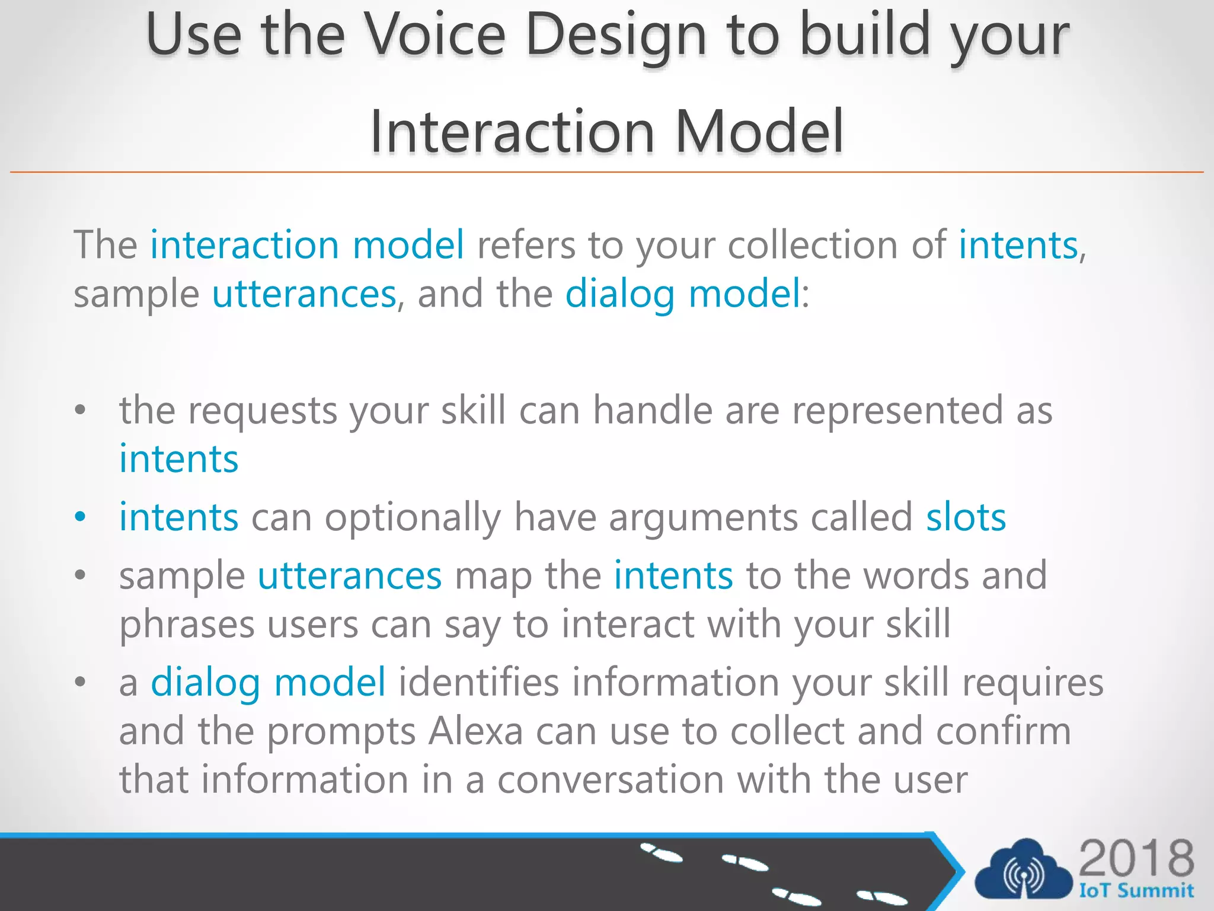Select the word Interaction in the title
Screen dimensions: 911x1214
[x=512, y=132]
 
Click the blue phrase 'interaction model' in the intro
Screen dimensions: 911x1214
[x=307, y=245]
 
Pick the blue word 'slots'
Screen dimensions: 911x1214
[x=966, y=517]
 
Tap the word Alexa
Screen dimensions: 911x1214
[x=475, y=731]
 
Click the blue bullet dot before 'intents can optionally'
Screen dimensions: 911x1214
[x=81, y=517]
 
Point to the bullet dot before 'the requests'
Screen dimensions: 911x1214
[x=81, y=410]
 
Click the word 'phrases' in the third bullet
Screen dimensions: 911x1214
[x=187, y=625]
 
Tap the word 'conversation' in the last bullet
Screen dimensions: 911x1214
[x=611, y=780]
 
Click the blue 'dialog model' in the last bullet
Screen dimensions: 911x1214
[x=268, y=683]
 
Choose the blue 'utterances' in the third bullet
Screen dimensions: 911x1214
[x=350, y=576]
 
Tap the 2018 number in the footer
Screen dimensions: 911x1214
[x=1136, y=858]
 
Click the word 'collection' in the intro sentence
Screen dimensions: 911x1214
[x=813, y=245]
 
